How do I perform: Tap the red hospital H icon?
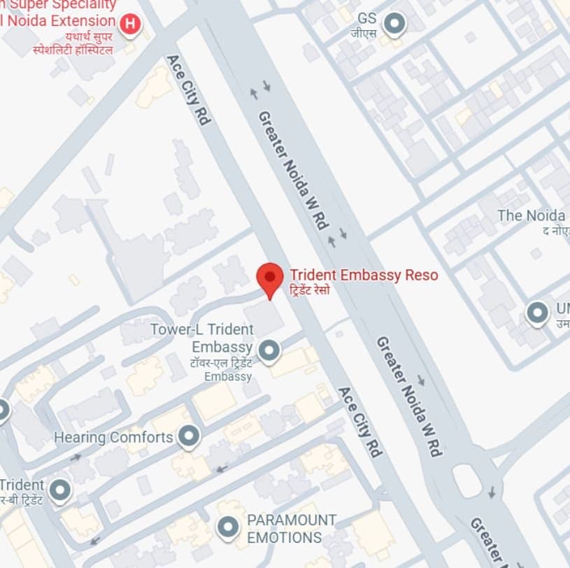(x=129, y=25)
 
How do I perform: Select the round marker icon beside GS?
(x=396, y=24)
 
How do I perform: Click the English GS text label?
(x=367, y=17)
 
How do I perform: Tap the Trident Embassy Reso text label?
(x=364, y=275)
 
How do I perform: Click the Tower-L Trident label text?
(x=201, y=329)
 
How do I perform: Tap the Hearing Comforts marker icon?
(x=188, y=436)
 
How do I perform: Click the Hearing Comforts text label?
(x=113, y=437)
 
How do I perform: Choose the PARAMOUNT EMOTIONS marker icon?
(x=228, y=527)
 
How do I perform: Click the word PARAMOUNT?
(x=292, y=520)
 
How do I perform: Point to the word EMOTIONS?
(x=284, y=537)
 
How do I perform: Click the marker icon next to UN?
(x=537, y=312)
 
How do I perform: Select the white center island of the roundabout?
(x=466, y=481)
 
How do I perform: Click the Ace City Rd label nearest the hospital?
(x=188, y=90)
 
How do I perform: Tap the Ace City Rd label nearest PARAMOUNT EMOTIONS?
(x=360, y=422)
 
